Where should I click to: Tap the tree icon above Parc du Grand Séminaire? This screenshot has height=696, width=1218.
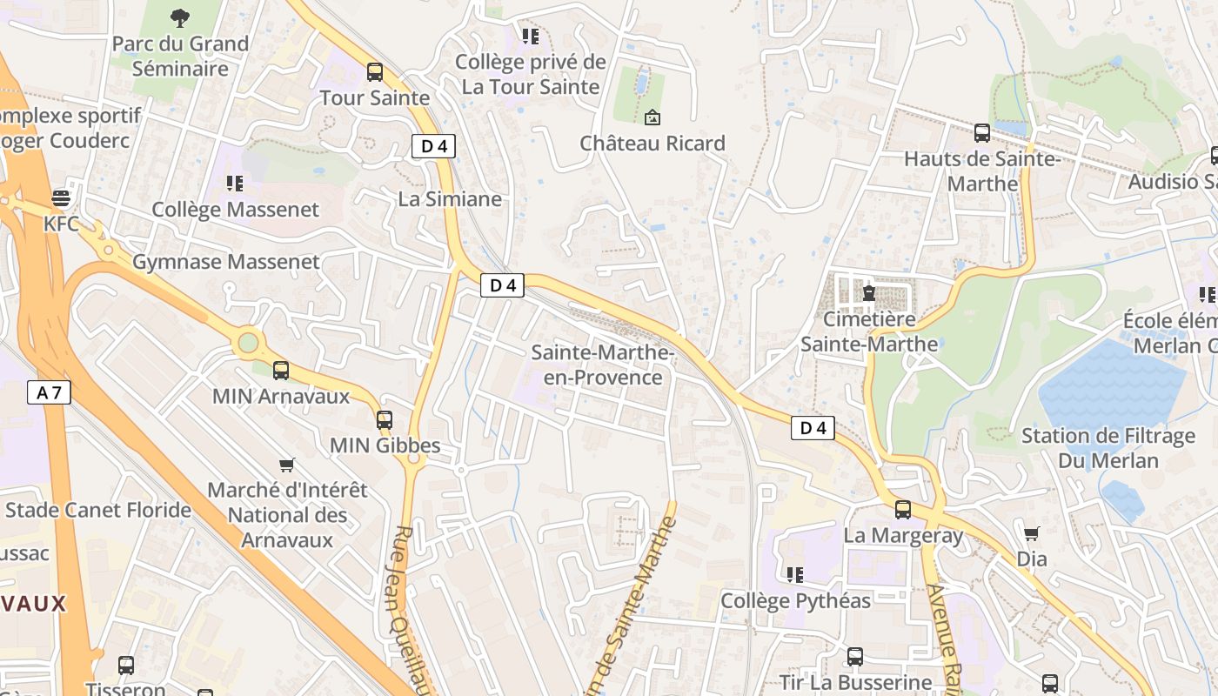point(180,17)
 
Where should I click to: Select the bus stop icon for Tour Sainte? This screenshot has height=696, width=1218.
point(375,72)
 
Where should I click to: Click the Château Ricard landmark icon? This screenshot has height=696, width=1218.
point(652,117)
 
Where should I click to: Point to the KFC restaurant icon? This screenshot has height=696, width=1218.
point(61,198)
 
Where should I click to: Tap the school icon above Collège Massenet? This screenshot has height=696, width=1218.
point(234,183)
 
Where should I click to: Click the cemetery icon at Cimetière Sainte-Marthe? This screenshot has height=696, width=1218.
point(868,292)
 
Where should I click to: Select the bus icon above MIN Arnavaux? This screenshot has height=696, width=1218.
point(281,370)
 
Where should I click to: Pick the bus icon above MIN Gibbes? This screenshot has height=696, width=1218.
point(385,419)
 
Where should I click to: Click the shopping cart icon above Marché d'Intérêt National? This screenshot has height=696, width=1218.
point(286,465)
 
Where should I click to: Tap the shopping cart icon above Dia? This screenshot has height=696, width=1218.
point(1032,532)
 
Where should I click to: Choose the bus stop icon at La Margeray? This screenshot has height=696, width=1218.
point(903,509)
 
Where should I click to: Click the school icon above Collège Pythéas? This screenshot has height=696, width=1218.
point(794,574)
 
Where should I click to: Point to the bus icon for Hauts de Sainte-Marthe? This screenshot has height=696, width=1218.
point(982,132)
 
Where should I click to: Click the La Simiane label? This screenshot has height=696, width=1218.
point(450,199)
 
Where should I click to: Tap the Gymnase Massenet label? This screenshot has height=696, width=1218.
point(226,262)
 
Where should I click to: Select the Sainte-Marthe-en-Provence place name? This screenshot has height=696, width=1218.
point(603,365)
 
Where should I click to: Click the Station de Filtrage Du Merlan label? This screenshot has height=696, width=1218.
point(1108,448)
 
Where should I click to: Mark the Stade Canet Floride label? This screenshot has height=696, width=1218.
point(97,510)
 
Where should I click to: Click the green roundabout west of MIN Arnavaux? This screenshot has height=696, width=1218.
point(249,343)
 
